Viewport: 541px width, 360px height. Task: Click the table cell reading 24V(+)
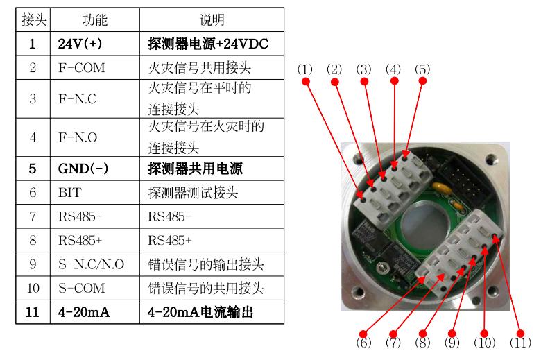pyautogui.click(x=95, y=44)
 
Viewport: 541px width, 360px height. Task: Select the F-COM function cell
pyautogui.click(x=95, y=68)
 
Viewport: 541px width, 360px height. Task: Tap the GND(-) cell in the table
pyautogui.click(x=95, y=169)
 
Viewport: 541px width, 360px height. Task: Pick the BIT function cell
pyautogui.click(x=95, y=193)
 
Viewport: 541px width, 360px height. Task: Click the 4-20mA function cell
pyautogui.click(x=95, y=312)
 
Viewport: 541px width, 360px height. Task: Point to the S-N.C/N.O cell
pyautogui.click(x=95, y=264)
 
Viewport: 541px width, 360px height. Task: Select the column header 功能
pyautogui.click(x=95, y=19)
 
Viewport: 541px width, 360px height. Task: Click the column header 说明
pyautogui.click(x=212, y=19)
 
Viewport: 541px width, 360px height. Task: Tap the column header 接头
pyautogui.click(x=33, y=19)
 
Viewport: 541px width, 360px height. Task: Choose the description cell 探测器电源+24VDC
pyautogui.click(x=212, y=44)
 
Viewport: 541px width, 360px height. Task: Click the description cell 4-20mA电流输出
pyautogui.click(x=212, y=312)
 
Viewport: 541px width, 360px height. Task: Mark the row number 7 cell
pyautogui.click(x=33, y=216)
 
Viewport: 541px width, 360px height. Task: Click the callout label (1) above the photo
pyautogui.click(x=305, y=69)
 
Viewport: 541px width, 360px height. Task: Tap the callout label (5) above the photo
pyautogui.click(x=422, y=69)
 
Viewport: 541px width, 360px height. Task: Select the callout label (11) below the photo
pyautogui.click(x=520, y=343)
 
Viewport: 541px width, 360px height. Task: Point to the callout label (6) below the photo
pyautogui.click(x=363, y=343)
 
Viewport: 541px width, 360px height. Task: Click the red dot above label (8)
pyautogui.click(x=422, y=334)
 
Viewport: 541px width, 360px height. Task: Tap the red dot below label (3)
pyautogui.click(x=364, y=81)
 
